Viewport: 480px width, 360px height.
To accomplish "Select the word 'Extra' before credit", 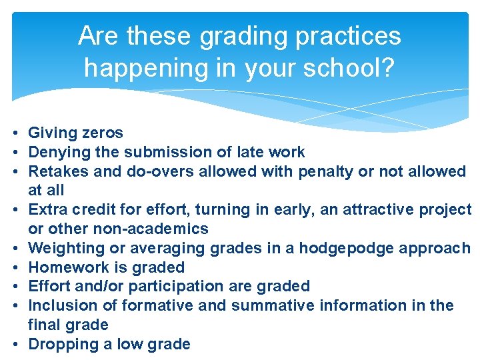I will [x=47, y=209].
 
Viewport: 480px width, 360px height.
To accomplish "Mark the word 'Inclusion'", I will [x=60, y=305].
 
